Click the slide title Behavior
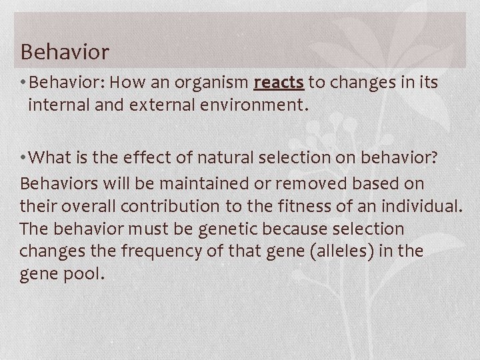click(x=65, y=51)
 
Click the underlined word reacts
click(x=279, y=83)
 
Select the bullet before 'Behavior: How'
click(x=23, y=83)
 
